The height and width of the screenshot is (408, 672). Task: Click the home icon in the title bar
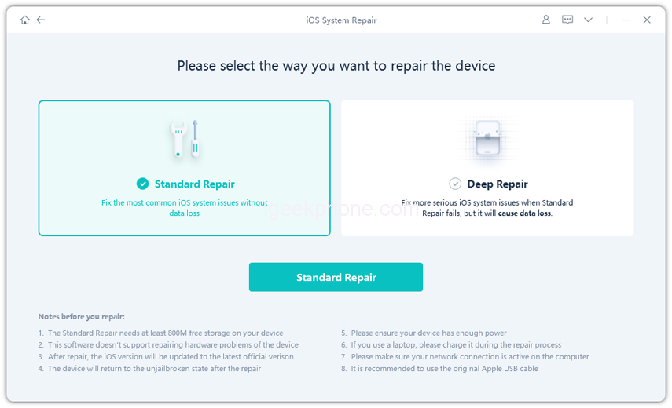25,20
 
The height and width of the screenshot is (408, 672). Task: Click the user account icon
546,20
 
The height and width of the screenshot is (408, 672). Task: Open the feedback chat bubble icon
567,20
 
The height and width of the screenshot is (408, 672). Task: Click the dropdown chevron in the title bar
589,20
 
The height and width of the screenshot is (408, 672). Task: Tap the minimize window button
626,20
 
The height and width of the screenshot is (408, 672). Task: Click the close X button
647,20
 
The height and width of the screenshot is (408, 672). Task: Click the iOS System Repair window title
341,20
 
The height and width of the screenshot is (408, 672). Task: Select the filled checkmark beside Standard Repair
143,184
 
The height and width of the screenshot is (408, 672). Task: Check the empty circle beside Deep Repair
455,184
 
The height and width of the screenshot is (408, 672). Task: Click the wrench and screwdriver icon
185,139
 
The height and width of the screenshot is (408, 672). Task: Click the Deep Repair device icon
488,138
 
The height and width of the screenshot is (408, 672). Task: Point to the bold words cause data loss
524,213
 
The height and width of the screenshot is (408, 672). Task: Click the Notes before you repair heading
82,317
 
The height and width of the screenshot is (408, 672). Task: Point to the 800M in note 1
178,333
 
